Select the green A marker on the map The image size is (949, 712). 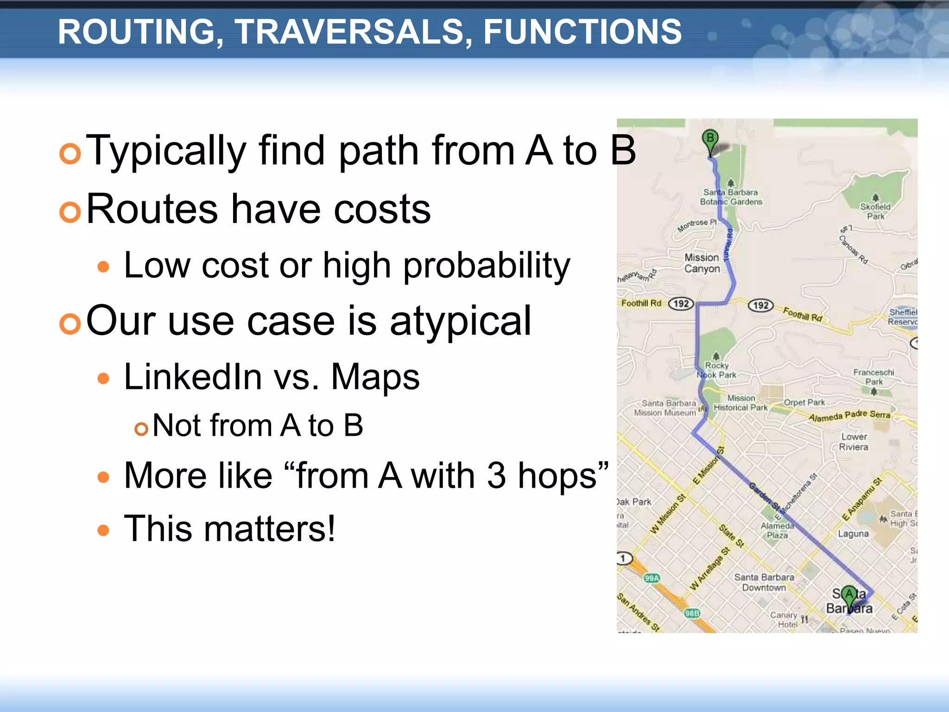point(849,594)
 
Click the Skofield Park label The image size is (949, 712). point(875,211)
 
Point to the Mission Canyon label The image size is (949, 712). point(702,263)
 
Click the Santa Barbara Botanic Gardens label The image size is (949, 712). point(731,197)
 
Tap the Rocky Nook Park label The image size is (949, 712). point(717,370)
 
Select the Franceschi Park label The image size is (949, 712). point(873,377)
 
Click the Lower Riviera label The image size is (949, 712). point(854,442)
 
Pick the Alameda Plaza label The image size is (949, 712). point(777,530)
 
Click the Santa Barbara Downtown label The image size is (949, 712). point(764,582)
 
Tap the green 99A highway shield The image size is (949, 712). point(652,578)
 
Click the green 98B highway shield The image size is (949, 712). point(692,613)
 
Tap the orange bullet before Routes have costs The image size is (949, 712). point(70,212)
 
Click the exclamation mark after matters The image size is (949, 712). point(330,528)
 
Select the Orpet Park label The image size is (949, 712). point(804,402)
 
